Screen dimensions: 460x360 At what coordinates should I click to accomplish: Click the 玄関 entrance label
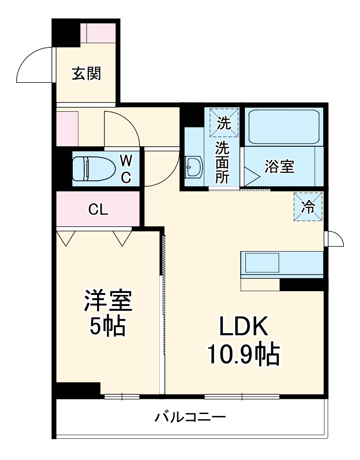pyautogui.click(x=86, y=74)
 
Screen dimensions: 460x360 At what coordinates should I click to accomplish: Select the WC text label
pyautogui.click(x=126, y=168)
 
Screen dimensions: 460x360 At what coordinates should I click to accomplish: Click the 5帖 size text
pyautogui.click(x=108, y=327)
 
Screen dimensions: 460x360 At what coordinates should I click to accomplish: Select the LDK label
pyautogui.click(x=243, y=328)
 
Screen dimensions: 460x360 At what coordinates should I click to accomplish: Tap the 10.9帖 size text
pyautogui.click(x=243, y=354)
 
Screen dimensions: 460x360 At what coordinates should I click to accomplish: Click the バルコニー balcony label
pyautogui.click(x=190, y=418)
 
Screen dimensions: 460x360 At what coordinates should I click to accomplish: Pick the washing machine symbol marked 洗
pyautogui.click(x=224, y=123)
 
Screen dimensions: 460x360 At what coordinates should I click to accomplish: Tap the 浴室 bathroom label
pyautogui.click(x=279, y=167)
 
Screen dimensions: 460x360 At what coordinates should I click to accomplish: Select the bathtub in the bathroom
pyautogui.click(x=283, y=127)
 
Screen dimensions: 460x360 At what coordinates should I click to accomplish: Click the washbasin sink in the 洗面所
pyautogui.click(x=194, y=167)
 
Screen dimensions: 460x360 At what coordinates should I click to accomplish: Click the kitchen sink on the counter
pyautogui.click(x=261, y=264)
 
